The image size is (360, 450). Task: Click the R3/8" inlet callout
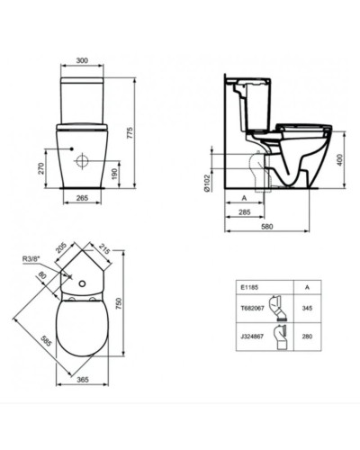(31, 259)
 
